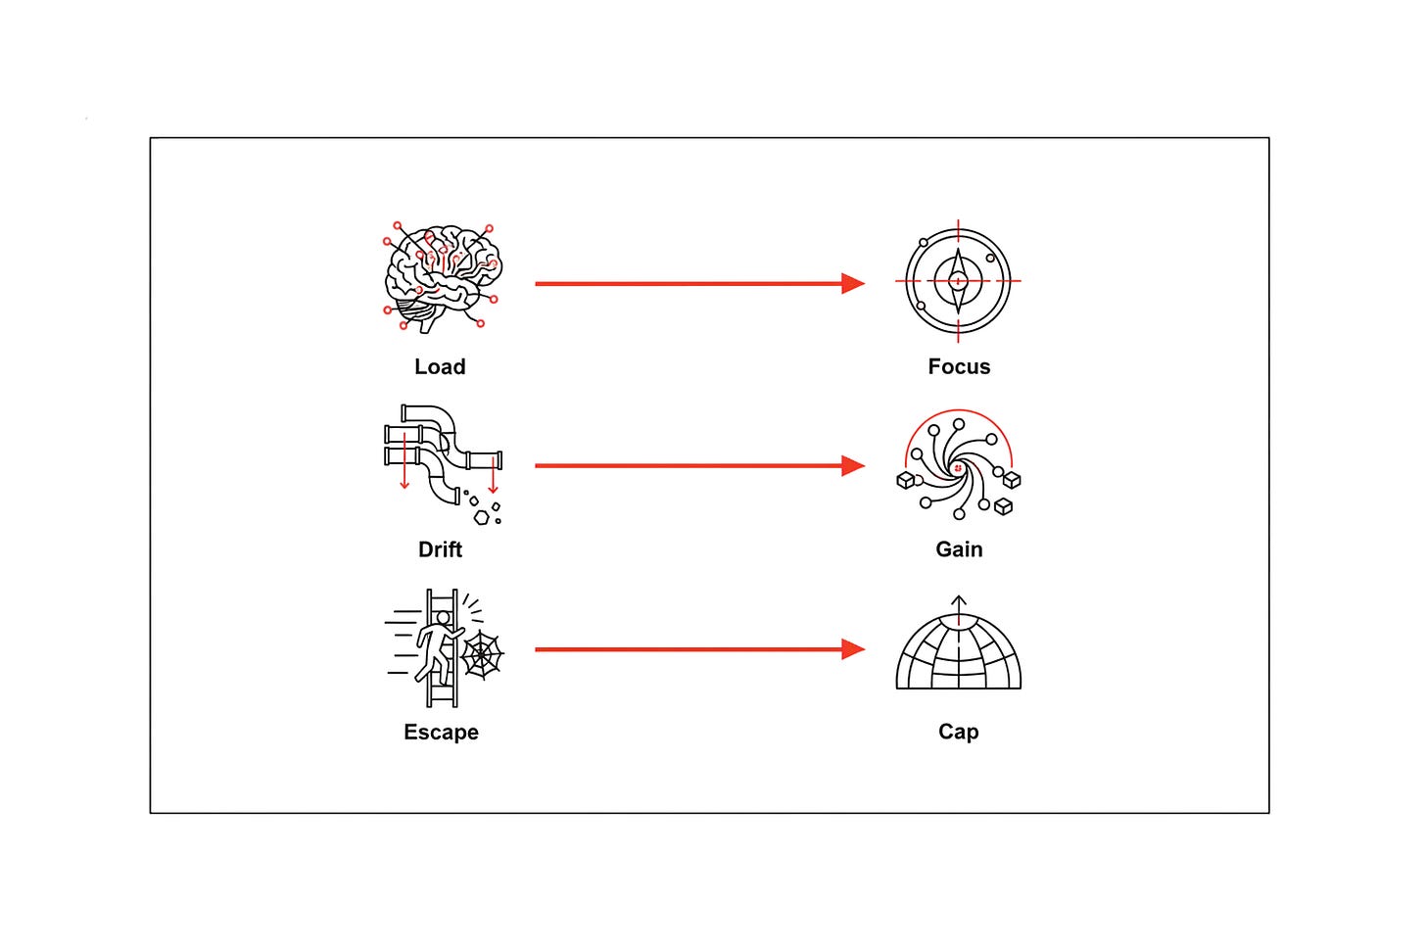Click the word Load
pos(440,366)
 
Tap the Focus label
pos(959,366)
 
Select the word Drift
pos(440,548)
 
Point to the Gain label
pos(959,548)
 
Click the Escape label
pos(441,732)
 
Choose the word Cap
pos(958,732)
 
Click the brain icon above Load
pos(443,277)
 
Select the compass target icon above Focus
pos(958,281)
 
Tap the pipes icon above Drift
pos(443,464)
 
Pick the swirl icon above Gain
pos(959,464)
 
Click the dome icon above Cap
pos(958,642)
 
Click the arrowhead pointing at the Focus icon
pos(853,283)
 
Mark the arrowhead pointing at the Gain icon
pos(853,465)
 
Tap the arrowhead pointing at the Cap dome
pos(853,649)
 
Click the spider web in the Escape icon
pos(482,654)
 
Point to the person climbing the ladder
pos(437,649)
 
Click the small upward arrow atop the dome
pos(959,608)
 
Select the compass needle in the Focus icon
pos(958,281)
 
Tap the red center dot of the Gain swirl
pos(958,468)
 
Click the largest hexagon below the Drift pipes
pos(482,517)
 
